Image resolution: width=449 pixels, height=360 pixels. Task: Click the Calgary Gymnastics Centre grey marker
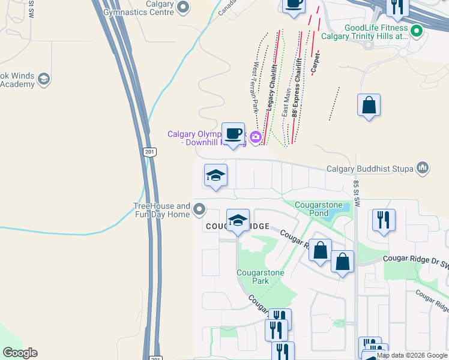(x=184, y=8)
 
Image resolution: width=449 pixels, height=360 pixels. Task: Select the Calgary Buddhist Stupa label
(x=370, y=169)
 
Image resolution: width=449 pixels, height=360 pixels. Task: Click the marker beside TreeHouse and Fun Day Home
(x=200, y=210)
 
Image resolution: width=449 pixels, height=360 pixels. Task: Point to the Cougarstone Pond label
(x=319, y=209)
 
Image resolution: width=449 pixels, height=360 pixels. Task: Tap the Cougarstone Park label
(x=260, y=277)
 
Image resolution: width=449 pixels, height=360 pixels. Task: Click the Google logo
(x=20, y=353)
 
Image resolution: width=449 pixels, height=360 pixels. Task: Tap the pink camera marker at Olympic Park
(x=256, y=137)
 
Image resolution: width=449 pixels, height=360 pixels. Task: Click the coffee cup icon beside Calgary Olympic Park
(x=233, y=133)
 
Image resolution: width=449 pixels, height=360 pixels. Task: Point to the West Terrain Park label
(x=256, y=86)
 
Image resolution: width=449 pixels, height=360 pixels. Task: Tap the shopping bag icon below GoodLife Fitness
(x=369, y=105)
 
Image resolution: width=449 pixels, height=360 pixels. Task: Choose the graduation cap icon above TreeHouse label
(x=215, y=175)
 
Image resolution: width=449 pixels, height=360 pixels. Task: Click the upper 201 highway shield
(x=149, y=152)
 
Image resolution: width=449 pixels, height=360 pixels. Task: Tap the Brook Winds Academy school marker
(x=43, y=79)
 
